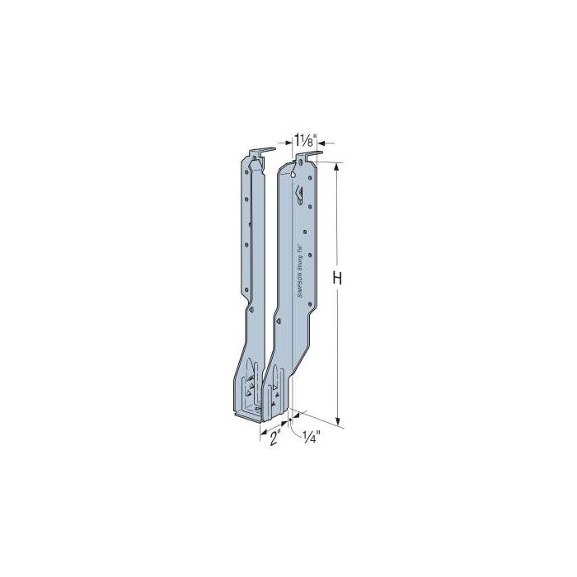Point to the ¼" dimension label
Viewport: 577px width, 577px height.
tap(312, 437)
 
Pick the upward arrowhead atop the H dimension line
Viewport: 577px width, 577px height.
tap(337, 166)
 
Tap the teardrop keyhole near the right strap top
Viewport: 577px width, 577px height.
tap(294, 174)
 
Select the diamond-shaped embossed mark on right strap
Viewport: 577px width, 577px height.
tap(300, 195)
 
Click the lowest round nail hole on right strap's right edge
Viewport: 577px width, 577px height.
tap(310, 304)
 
